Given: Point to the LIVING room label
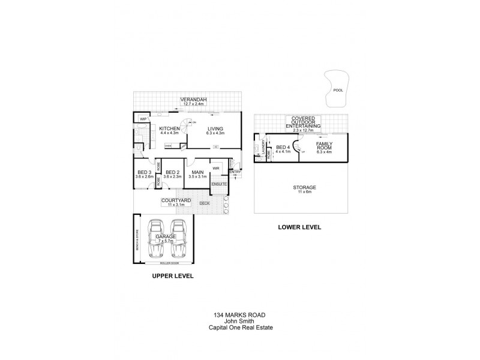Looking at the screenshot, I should [x=215, y=128].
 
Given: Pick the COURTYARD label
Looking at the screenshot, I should [x=176, y=200].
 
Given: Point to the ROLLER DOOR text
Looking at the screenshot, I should [x=170, y=263].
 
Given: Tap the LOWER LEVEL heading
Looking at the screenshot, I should [x=299, y=227].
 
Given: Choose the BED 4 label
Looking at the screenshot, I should [x=283, y=148].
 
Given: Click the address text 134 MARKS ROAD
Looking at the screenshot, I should [x=239, y=314].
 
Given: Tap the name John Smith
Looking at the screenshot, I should [x=239, y=320].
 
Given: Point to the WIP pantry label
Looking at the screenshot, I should [x=143, y=119].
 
